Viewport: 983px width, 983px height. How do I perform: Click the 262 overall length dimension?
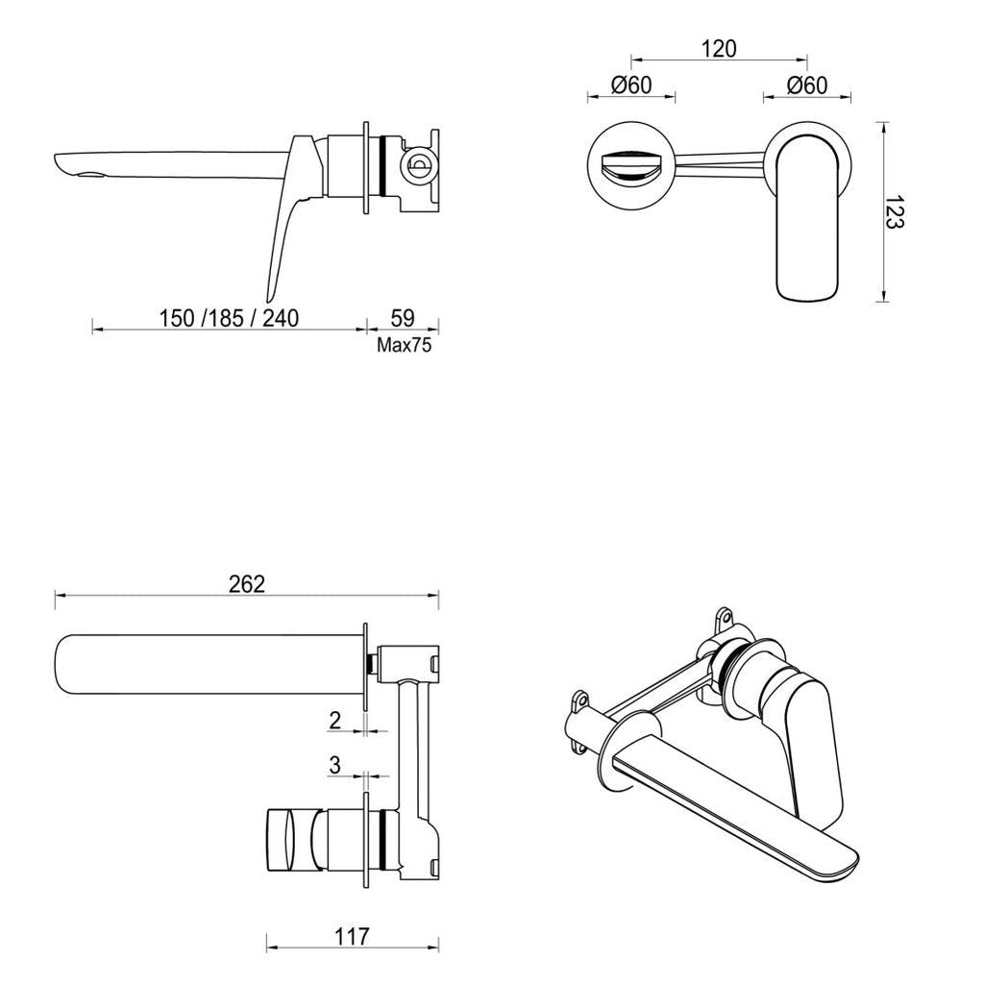click(247, 584)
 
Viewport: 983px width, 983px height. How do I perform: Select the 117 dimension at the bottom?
click(352, 937)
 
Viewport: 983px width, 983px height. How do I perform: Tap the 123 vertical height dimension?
click(895, 211)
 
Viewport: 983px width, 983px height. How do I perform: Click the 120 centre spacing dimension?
click(718, 49)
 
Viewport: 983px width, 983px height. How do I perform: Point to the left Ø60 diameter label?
click(631, 85)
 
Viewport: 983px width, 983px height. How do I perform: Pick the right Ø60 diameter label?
click(807, 85)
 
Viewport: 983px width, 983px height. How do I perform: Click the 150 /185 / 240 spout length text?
click(229, 317)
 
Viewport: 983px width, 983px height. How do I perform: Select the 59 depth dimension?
click(404, 317)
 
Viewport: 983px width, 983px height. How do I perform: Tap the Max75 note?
click(404, 346)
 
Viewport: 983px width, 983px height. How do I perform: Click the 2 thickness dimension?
click(334, 720)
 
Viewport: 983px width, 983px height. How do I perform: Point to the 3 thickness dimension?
click(334, 765)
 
